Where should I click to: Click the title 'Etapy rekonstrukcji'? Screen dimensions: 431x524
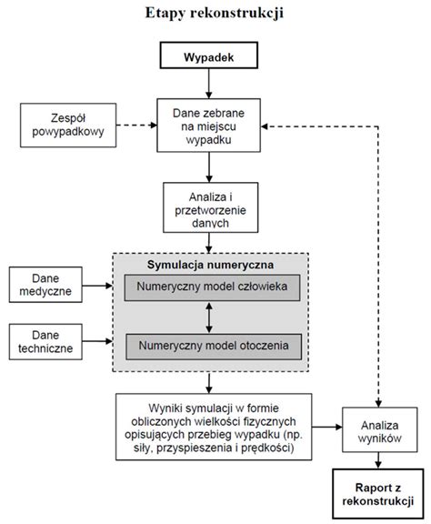point(215,14)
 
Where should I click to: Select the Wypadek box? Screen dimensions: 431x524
point(209,55)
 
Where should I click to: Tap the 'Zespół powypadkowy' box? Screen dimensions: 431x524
point(68,125)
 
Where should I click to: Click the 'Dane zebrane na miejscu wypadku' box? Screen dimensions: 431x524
point(209,126)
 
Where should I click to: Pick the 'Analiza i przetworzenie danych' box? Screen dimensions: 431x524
point(210,207)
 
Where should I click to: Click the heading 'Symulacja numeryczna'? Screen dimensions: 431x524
point(210,265)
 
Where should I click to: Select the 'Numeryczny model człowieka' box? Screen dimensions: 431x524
point(212,287)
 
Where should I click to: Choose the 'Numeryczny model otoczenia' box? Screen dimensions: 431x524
point(214,347)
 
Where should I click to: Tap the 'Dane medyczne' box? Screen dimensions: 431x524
point(45,285)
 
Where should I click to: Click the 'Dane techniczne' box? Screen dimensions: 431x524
point(45,341)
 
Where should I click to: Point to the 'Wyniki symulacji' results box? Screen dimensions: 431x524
point(214,427)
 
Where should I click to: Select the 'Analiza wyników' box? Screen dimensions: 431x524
point(379,429)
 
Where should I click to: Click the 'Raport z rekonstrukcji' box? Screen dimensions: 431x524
point(378,494)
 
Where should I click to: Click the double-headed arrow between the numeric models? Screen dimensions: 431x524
point(209,317)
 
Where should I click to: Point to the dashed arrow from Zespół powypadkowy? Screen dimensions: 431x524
point(136,126)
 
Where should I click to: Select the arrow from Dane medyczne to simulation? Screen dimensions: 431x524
point(97,286)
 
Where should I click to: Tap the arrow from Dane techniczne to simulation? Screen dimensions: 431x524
point(97,341)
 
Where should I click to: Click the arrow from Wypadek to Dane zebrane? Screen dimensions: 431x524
point(209,84)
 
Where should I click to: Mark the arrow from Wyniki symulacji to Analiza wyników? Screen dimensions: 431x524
point(327,427)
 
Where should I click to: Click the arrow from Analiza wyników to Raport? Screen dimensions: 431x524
point(378,460)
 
